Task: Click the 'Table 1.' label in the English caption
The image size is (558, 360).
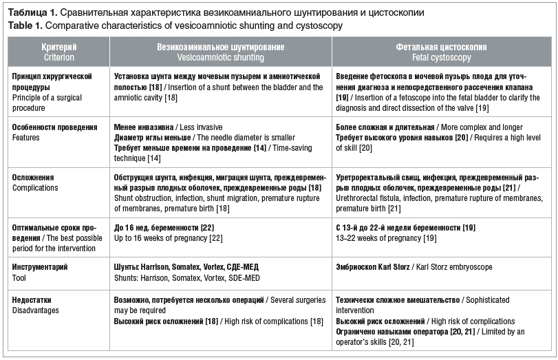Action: click(x=25, y=25)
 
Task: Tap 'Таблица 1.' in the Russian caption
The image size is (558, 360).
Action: click(x=32, y=13)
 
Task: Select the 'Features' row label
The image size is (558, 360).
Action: click(x=26, y=138)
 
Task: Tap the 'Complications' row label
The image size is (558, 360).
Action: click(x=36, y=187)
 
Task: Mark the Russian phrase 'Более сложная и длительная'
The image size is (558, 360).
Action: click(x=385, y=128)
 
